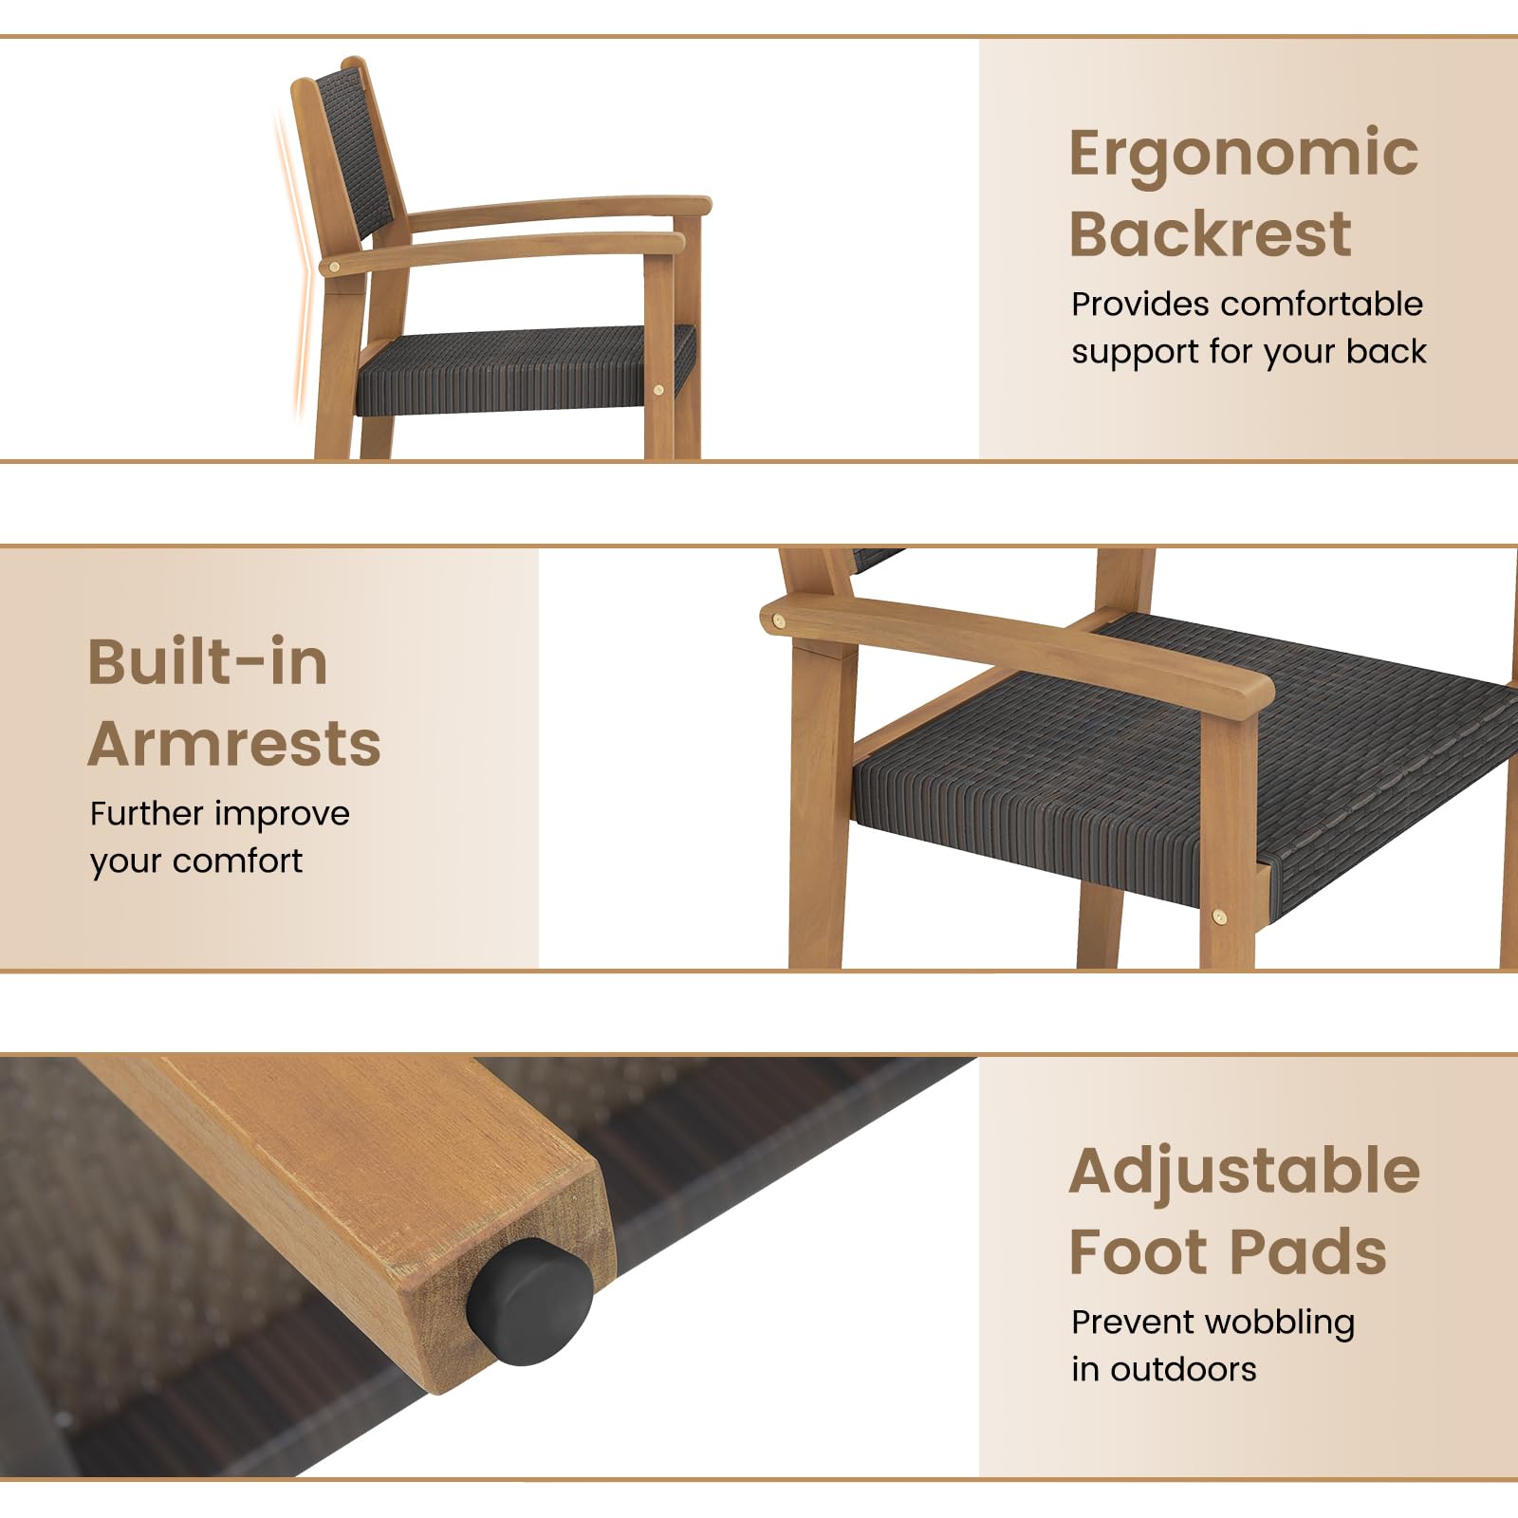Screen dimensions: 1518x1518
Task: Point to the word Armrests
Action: click(x=234, y=743)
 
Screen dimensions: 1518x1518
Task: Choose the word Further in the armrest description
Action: click(x=147, y=813)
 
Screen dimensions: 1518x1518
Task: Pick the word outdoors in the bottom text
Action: click(x=1183, y=1369)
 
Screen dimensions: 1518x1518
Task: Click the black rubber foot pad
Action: click(x=529, y=1302)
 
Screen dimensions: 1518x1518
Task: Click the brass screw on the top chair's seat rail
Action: click(x=658, y=389)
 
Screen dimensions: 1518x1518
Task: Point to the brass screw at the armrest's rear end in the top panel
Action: click(x=333, y=268)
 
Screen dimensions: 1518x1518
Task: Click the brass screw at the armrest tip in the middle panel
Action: click(x=779, y=621)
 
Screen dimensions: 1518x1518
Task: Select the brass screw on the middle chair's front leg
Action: click(x=1219, y=916)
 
